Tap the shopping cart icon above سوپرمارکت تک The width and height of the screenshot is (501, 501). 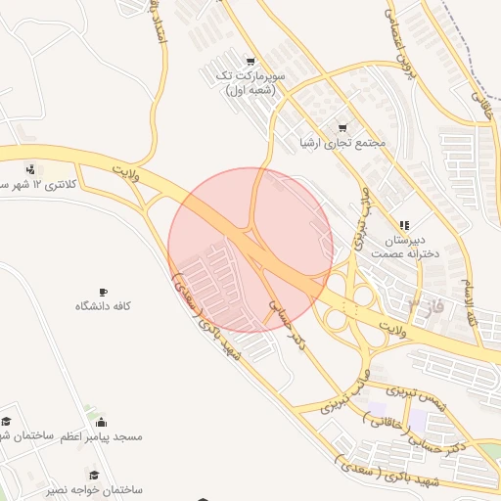(x=251, y=61)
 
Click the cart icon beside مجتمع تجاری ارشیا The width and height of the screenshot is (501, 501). (x=342, y=127)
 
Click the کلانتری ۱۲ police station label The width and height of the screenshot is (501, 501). (x=35, y=185)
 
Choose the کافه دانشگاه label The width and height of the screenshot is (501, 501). (x=104, y=306)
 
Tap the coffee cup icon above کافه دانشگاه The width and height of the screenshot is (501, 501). (x=104, y=292)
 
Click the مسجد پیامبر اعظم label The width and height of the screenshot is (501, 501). (x=102, y=435)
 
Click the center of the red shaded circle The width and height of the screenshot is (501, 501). (x=250, y=250)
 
